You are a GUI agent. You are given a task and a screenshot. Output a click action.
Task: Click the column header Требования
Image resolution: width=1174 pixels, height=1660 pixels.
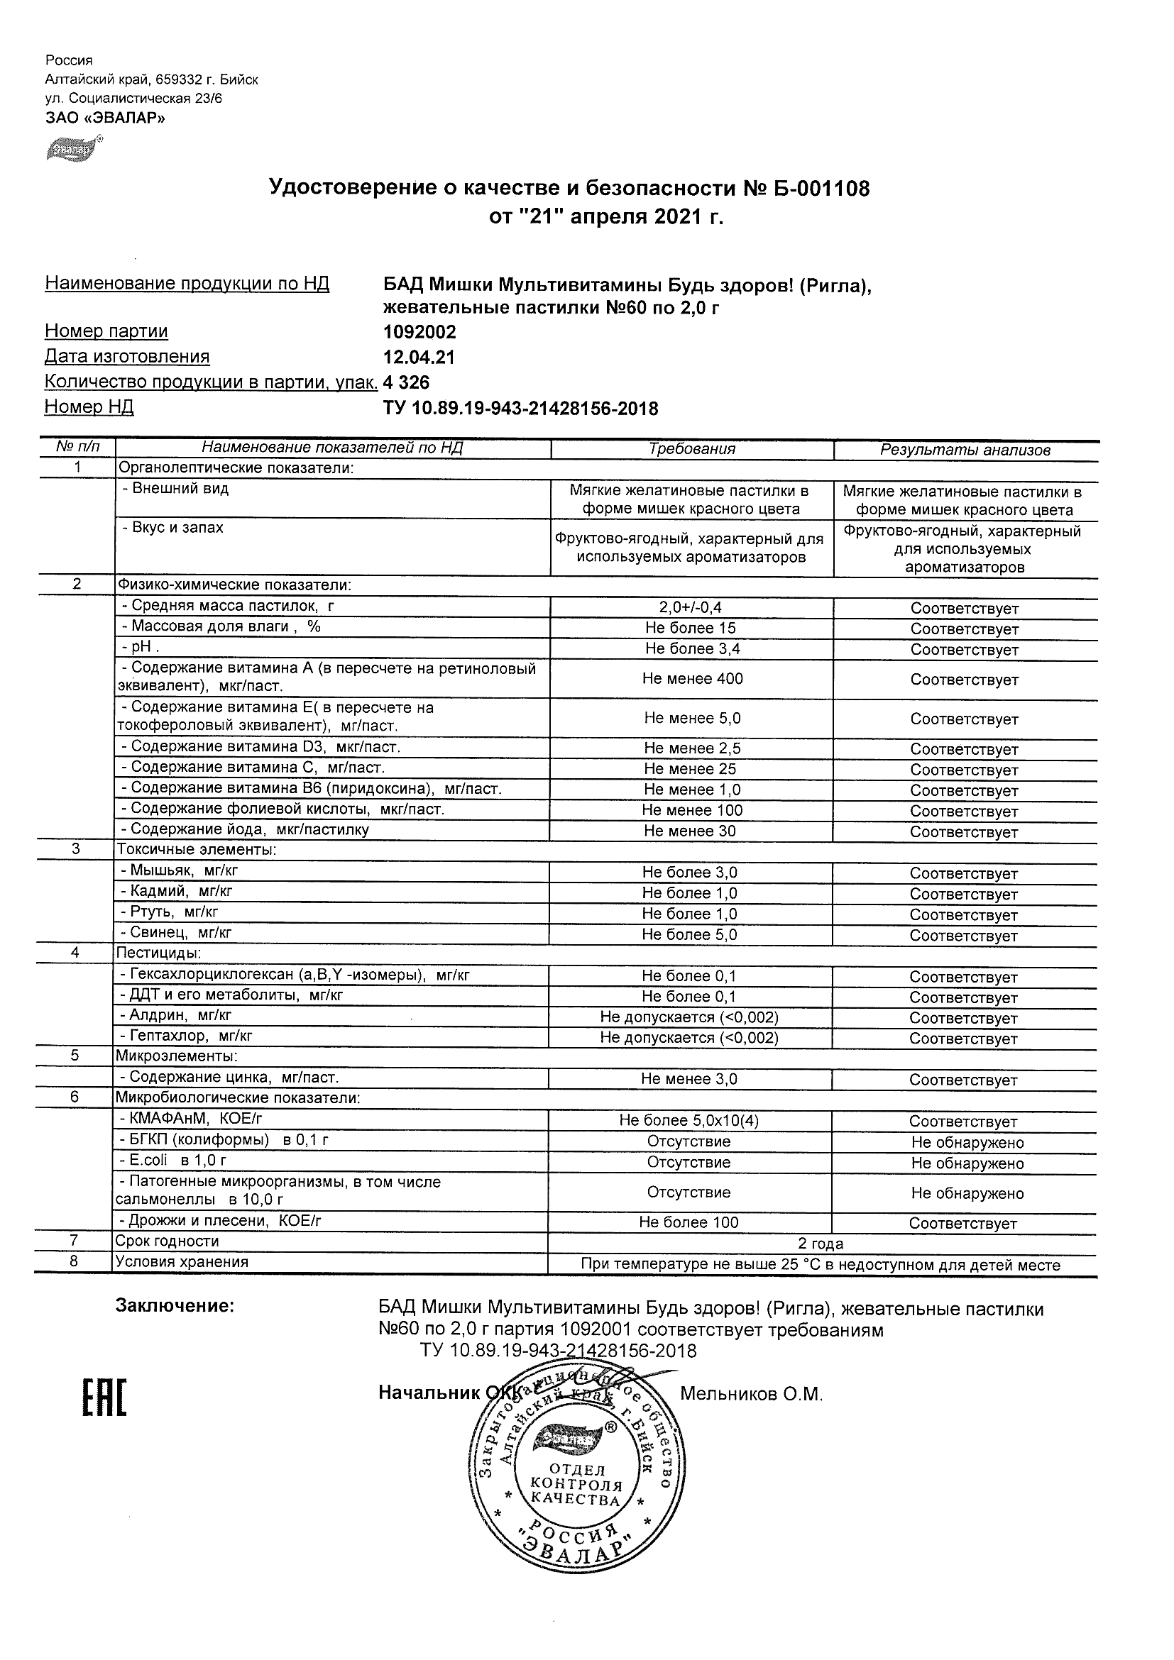pos(691,449)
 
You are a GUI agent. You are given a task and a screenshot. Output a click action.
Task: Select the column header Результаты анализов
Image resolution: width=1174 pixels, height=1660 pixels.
pos(965,450)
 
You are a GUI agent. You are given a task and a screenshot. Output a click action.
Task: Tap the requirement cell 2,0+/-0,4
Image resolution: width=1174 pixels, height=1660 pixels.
pos(691,608)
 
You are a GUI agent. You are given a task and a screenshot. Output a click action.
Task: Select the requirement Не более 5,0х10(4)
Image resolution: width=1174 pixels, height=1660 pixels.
pos(689,1121)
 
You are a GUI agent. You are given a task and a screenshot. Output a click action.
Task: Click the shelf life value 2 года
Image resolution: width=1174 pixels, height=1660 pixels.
pos(821,1244)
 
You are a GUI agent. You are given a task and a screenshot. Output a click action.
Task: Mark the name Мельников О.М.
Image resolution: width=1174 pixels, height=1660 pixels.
pos(751,1394)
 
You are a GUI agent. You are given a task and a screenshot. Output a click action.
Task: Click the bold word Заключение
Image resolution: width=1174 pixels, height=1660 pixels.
pos(175,1306)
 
